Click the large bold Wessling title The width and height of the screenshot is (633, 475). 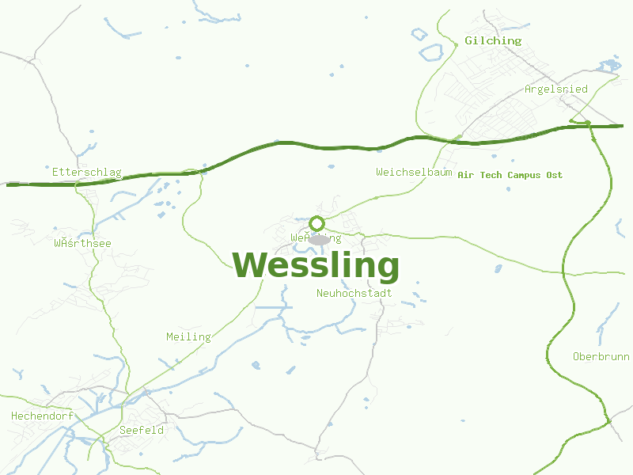pyautogui.click(x=316, y=266)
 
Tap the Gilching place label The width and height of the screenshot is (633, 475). pyautogui.click(x=493, y=40)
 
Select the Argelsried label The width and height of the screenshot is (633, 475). pyautogui.click(x=556, y=89)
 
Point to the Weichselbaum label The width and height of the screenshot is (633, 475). pyautogui.click(x=414, y=172)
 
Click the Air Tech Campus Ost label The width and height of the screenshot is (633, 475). pyautogui.click(x=510, y=175)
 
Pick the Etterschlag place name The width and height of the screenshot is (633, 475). pyautogui.click(x=87, y=172)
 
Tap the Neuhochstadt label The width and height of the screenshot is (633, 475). pyautogui.click(x=354, y=293)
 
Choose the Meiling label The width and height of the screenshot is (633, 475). pyautogui.click(x=188, y=337)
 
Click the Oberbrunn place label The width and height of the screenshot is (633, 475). pyautogui.click(x=601, y=356)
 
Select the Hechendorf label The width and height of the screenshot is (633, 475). pyautogui.click(x=42, y=416)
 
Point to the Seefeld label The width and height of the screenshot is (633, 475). pyautogui.click(x=142, y=430)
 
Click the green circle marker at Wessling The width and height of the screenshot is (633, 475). pyautogui.click(x=317, y=223)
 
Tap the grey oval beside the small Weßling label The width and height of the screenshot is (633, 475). pyautogui.click(x=320, y=240)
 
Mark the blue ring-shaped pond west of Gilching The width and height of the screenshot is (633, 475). pyautogui.click(x=431, y=53)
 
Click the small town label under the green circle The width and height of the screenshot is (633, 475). pyautogui.click(x=316, y=237)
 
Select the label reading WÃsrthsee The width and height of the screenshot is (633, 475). pyautogui.click(x=82, y=243)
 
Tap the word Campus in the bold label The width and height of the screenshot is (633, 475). pyautogui.click(x=525, y=175)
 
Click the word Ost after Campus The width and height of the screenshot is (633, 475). pyautogui.click(x=555, y=175)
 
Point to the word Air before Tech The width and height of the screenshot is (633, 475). pyautogui.click(x=467, y=175)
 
